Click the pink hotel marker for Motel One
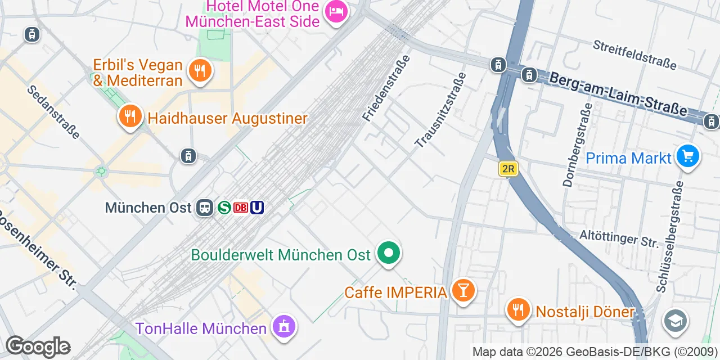click(x=336, y=11)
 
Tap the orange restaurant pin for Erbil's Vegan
click(x=199, y=71)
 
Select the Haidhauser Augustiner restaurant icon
click(x=130, y=116)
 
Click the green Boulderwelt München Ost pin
click(x=388, y=253)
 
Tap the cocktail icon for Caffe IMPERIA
click(x=463, y=291)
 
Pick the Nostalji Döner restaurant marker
click(x=517, y=310)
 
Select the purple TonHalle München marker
click(x=284, y=326)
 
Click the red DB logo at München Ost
click(x=241, y=208)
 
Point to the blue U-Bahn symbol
click(x=257, y=208)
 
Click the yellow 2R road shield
click(x=507, y=169)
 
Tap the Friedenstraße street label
click(x=386, y=88)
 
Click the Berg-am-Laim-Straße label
click(x=618, y=93)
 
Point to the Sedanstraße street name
click(x=53, y=112)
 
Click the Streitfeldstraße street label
click(x=634, y=55)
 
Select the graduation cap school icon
click(x=675, y=321)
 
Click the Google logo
click(x=38, y=346)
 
